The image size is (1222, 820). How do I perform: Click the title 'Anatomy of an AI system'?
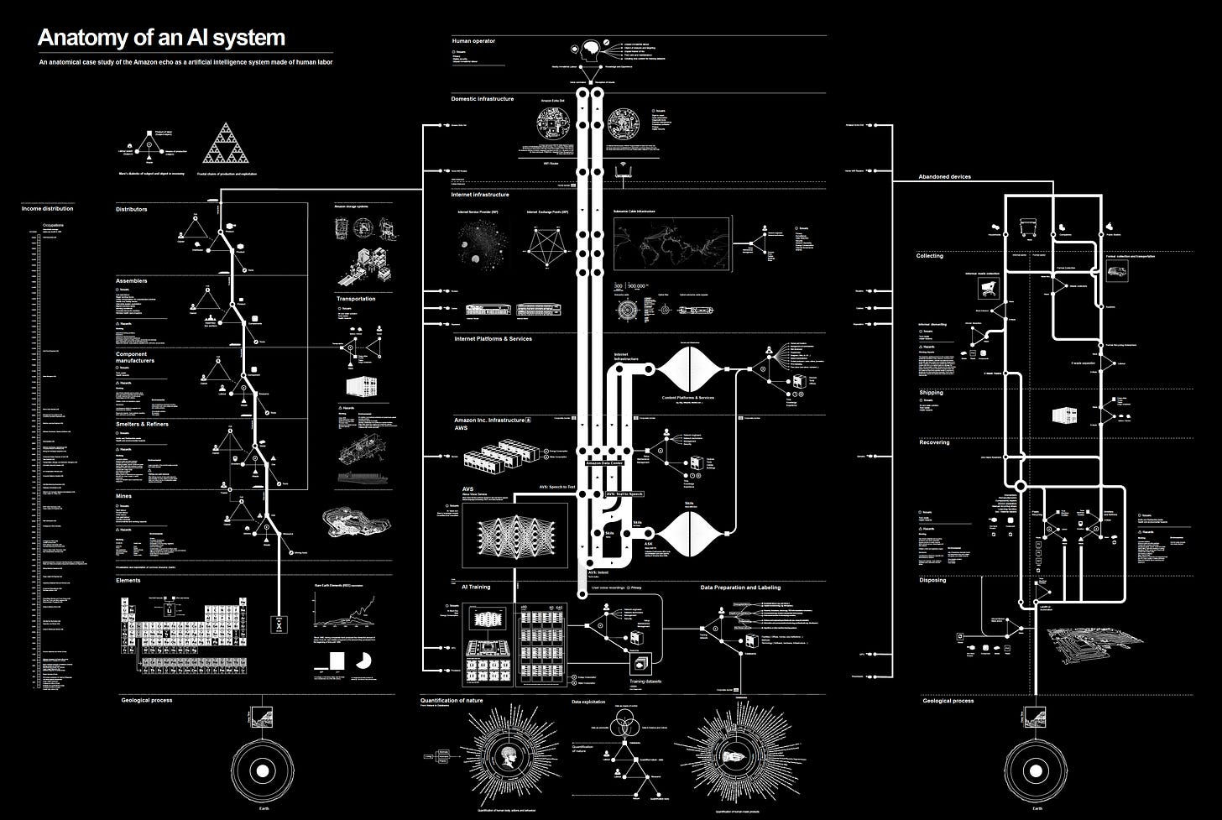(x=161, y=38)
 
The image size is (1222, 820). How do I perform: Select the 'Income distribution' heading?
(x=47, y=208)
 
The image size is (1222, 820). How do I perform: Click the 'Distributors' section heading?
(x=131, y=209)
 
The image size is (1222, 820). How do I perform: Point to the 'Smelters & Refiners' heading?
(x=142, y=425)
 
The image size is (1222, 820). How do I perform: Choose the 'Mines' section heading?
(x=123, y=496)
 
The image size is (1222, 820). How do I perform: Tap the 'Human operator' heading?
(x=473, y=40)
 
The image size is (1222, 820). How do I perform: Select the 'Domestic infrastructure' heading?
(x=482, y=99)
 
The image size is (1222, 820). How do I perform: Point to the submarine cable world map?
(x=672, y=244)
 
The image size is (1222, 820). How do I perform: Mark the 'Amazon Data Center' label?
(x=605, y=463)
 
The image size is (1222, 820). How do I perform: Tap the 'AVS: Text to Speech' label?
(x=624, y=494)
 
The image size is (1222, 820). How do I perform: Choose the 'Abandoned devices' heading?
(x=944, y=177)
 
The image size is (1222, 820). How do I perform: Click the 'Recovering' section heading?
(x=934, y=442)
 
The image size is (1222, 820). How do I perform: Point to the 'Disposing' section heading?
(x=932, y=580)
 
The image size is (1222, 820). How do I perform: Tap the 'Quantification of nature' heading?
(x=463, y=700)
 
